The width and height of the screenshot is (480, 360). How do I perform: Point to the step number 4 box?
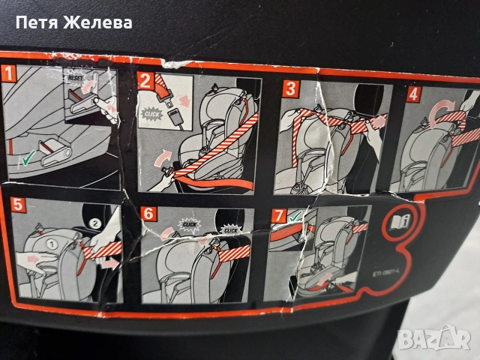pyautogui.click(x=414, y=94)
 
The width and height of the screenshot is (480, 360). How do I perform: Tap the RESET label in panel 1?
pyautogui.click(x=76, y=77)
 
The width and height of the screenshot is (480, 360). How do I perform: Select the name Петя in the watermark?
pyautogui.click(x=35, y=22)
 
